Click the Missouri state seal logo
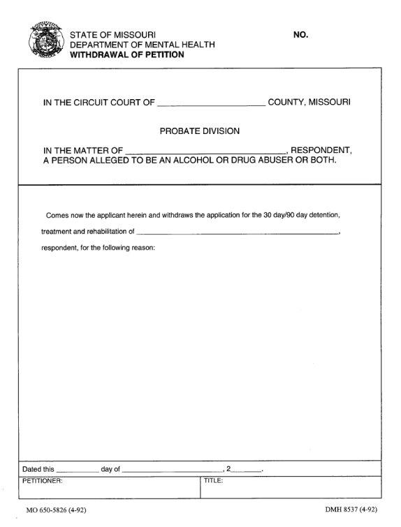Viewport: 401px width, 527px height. (44, 42)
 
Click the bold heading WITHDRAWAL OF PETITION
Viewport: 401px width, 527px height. (126, 54)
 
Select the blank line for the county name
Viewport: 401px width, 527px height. (211, 104)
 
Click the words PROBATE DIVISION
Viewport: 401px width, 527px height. (200, 130)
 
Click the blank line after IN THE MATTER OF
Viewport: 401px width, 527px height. (205, 151)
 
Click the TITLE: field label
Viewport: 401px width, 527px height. (213, 481)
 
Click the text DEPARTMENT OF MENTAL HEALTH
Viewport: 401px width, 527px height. (143, 45)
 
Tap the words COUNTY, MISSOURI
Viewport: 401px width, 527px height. (309, 103)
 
